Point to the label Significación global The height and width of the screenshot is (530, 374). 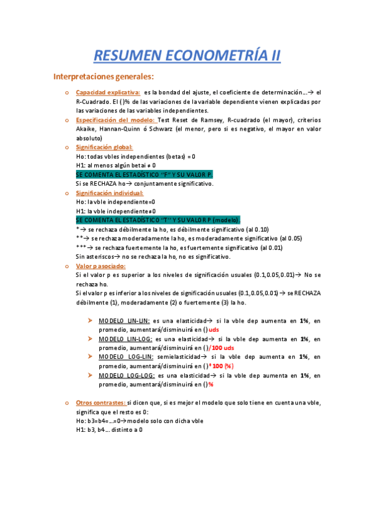click(x=104, y=147)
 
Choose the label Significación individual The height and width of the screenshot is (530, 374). click(x=109, y=193)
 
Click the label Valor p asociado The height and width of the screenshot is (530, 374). click(x=101, y=266)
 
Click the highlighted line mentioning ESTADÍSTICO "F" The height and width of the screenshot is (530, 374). click(x=144, y=174)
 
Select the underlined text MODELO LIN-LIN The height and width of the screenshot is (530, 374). click(x=122, y=321)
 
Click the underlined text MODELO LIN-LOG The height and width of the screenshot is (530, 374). click(x=124, y=339)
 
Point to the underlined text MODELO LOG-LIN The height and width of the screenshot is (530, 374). click(x=124, y=357)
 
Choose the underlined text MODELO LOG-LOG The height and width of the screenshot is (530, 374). click(x=124, y=375)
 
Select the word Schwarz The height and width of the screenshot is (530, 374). click(x=162, y=129)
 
